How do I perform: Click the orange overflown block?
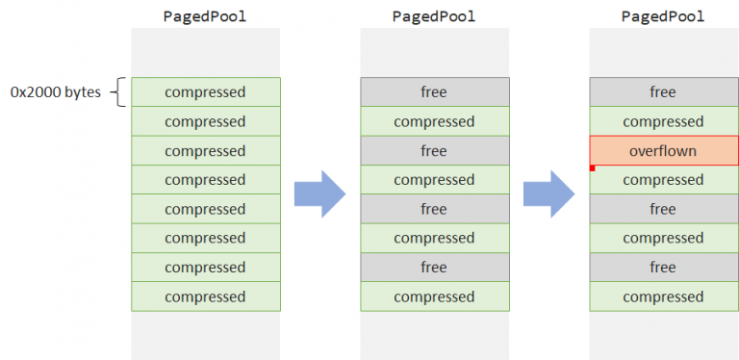coord(663,151)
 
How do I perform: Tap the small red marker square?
coord(593,168)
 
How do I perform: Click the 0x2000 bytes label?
coord(56,93)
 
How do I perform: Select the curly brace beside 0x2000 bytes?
coord(119,93)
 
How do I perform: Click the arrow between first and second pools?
coord(319,194)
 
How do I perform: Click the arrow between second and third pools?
coord(548,194)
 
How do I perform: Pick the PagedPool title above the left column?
coord(205,16)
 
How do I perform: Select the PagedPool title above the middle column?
coord(434,16)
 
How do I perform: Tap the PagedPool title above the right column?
coord(663,16)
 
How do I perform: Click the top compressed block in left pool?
coord(205,92)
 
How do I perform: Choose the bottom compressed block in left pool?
coord(205,296)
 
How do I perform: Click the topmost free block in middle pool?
coord(434,92)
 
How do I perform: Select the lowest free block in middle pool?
coord(434,268)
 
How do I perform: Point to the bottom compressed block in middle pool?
coord(434,296)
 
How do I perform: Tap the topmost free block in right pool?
coord(663,92)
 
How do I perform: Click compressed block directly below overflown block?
coord(663,180)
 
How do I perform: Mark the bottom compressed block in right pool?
coord(663,296)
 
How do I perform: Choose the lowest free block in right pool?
coord(663,268)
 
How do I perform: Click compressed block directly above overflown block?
coord(663,121)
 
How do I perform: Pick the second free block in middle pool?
coord(434,151)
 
